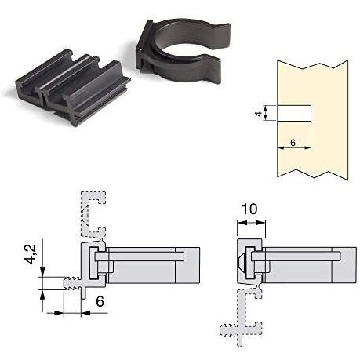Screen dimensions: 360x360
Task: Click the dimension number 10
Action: pyautogui.click(x=249, y=209)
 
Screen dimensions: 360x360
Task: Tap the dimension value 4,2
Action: pyautogui.click(x=31, y=254)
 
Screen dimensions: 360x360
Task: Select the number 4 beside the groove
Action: pyautogui.click(x=258, y=113)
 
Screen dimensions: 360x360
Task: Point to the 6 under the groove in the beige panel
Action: pyautogui.click(x=293, y=143)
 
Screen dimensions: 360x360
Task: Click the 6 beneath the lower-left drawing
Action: pyautogui.click(x=100, y=301)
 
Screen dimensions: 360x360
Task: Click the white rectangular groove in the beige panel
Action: pyautogui.click(x=294, y=113)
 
